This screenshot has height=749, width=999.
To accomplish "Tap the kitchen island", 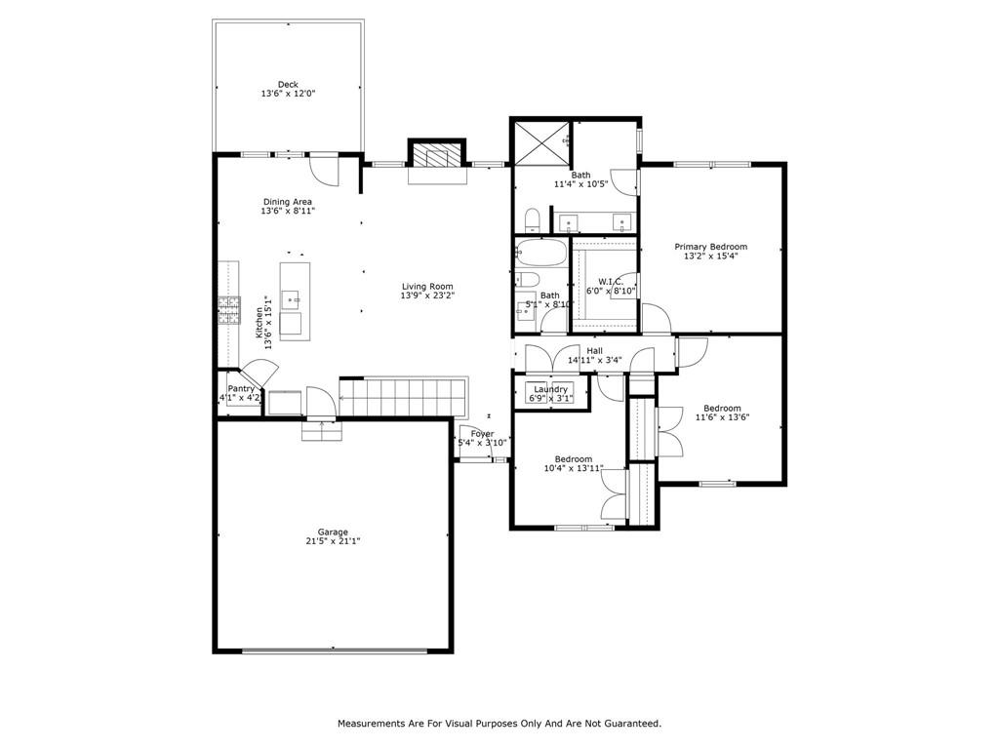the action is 295,301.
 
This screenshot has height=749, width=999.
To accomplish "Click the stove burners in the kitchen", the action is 229,311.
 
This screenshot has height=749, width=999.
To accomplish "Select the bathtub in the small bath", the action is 540,253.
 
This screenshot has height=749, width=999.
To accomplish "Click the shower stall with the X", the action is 542,143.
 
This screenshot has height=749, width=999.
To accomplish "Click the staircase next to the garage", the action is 403,398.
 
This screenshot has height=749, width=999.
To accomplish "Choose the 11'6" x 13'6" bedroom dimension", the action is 723,417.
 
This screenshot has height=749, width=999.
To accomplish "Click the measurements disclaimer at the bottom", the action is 499,724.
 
